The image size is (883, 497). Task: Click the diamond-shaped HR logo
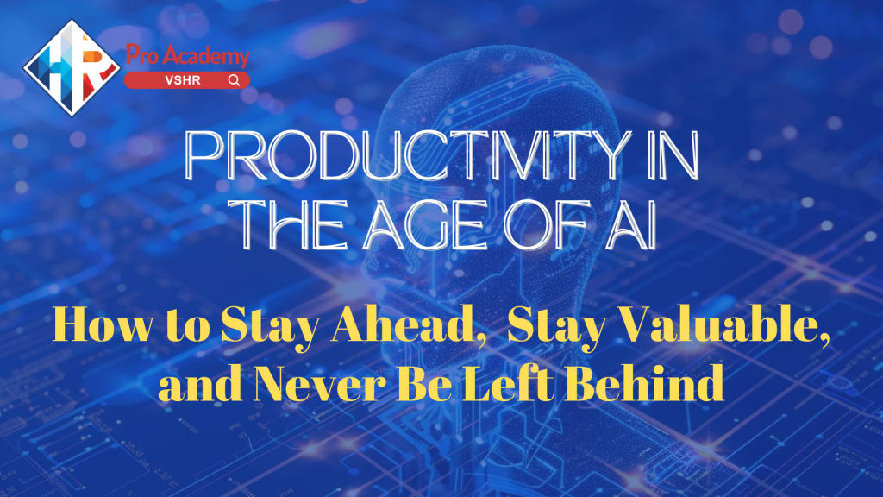pos(72,67)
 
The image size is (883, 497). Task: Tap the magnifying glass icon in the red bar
pos(235,80)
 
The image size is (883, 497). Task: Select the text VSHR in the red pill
pos(183,80)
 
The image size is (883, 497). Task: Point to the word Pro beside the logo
pos(144,54)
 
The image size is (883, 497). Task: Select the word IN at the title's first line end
pos(673,155)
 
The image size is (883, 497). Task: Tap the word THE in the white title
pos(294,225)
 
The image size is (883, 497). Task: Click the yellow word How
pos(103,324)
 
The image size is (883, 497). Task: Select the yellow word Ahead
pos(410,325)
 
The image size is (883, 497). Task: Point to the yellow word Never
pos(319,383)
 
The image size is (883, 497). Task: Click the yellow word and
pos(200,383)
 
